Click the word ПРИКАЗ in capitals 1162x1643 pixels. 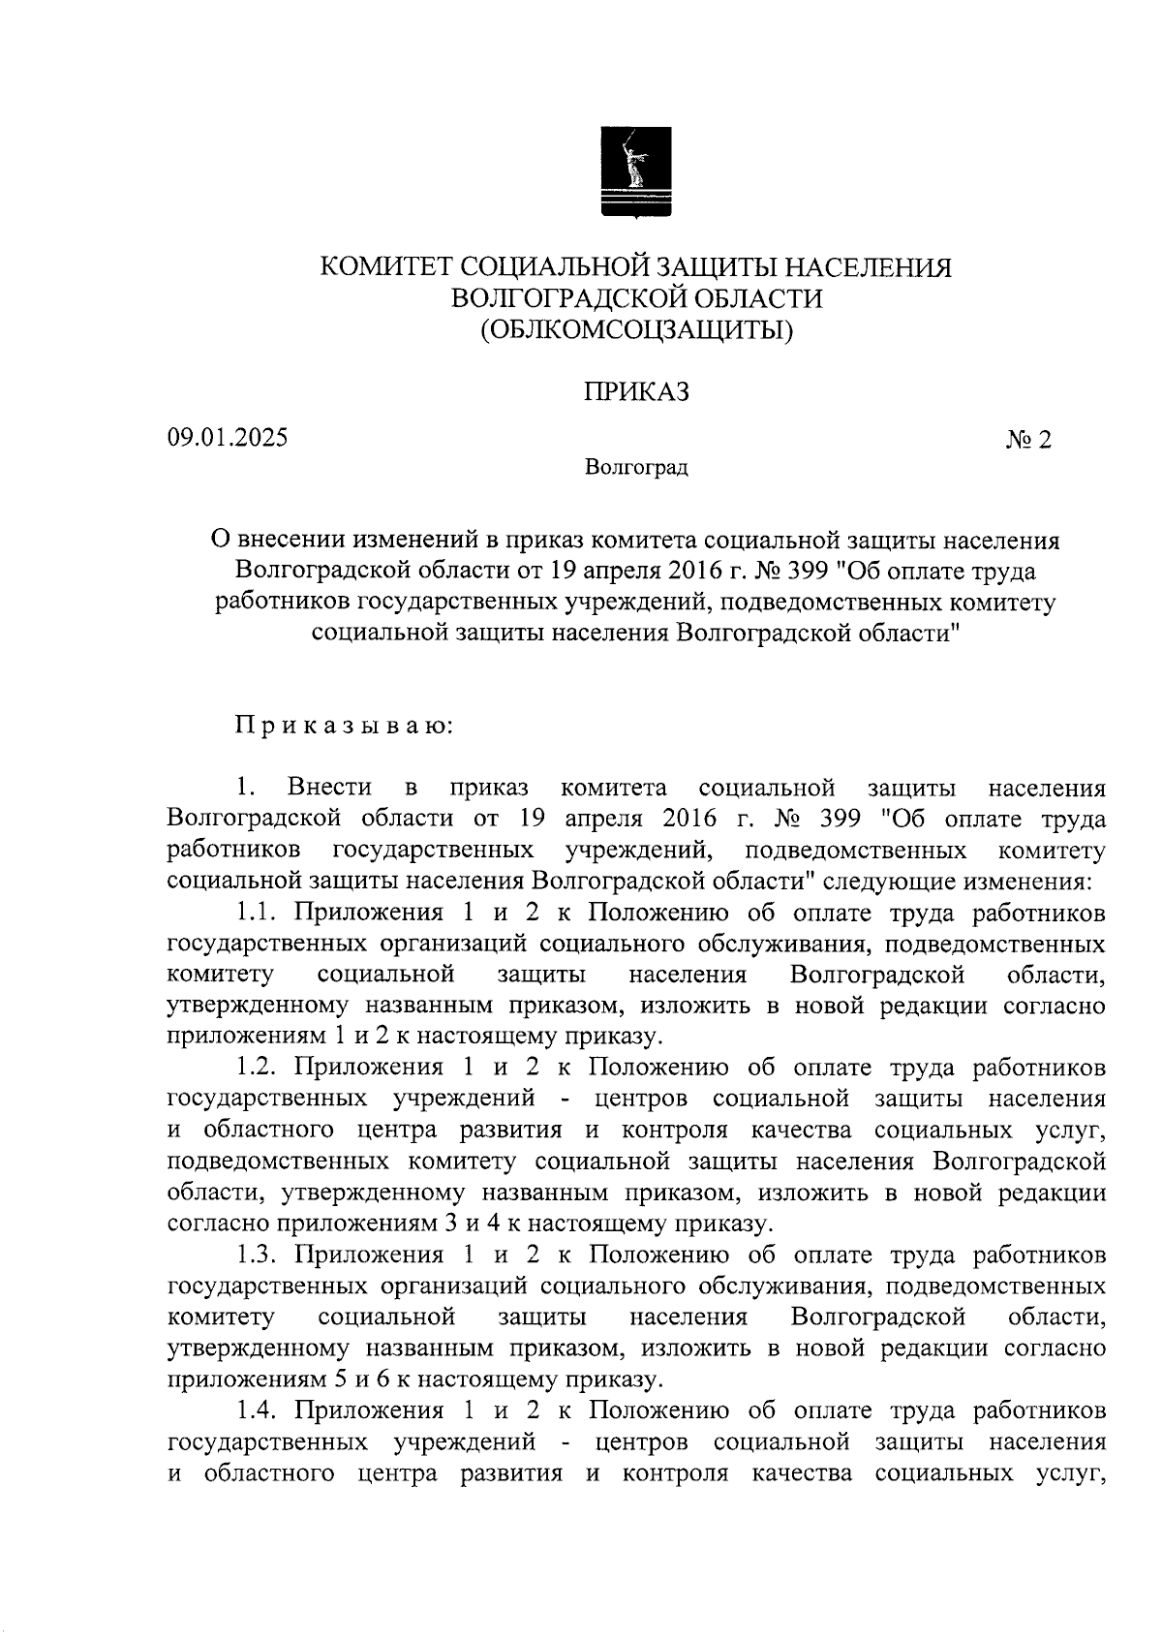(x=635, y=392)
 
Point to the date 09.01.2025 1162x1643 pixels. (x=228, y=437)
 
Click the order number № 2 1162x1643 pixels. (x=1027, y=440)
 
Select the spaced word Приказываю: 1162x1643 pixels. (x=340, y=726)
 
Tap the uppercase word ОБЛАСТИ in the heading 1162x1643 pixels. (x=765, y=298)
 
